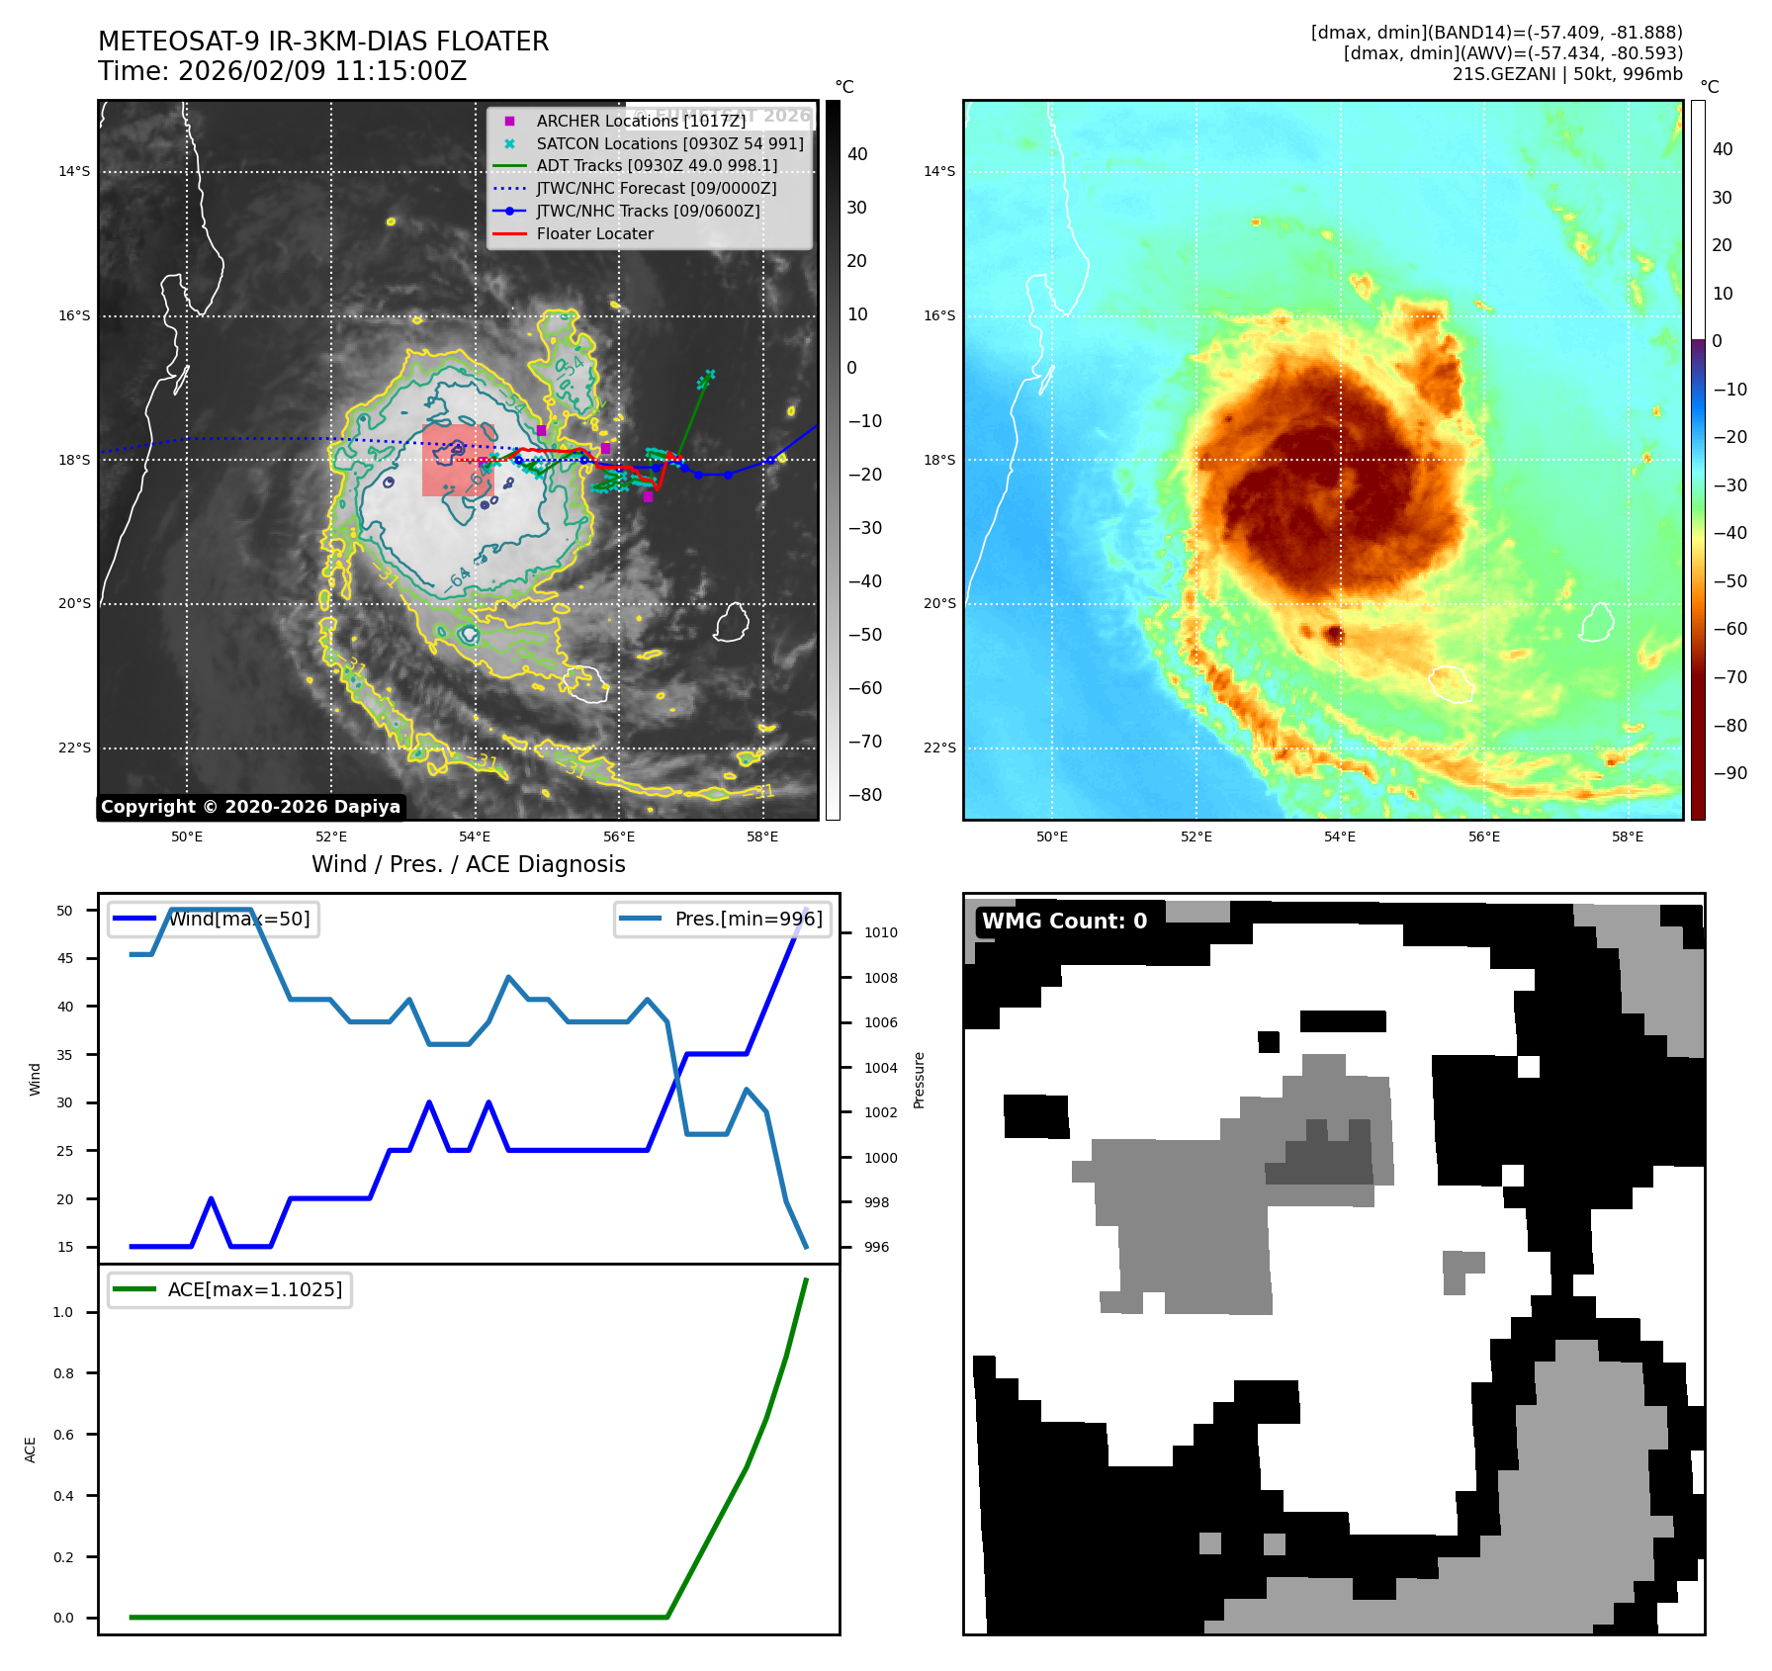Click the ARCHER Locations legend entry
[x=641, y=121]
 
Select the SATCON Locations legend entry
[x=669, y=143]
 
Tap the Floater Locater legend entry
[x=594, y=234]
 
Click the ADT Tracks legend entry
[x=657, y=166]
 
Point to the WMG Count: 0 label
[x=1064, y=922]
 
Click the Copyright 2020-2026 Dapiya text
[x=250, y=807]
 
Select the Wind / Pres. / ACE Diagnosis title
[x=468, y=865]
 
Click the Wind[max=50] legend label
[x=238, y=920]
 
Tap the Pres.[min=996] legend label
[x=748, y=920]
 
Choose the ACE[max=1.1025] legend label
[x=255, y=1290]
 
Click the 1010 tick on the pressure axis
[x=880, y=932]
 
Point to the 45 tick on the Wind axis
[x=65, y=958]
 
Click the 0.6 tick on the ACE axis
[x=63, y=1435]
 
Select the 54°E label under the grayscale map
[x=475, y=836]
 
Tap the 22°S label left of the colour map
[x=939, y=748]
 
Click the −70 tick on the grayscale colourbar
[x=864, y=742]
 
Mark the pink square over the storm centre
[x=457, y=461]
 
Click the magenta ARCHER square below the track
[x=648, y=496]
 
